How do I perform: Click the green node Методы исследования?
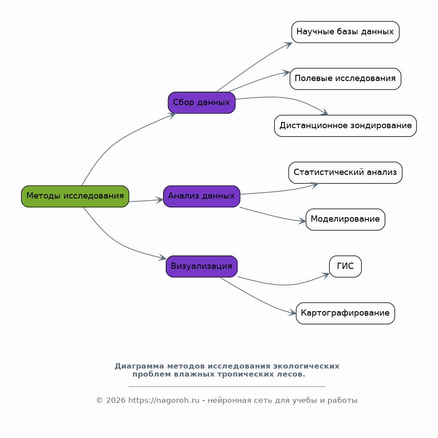click(x=75, y=196)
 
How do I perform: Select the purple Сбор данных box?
click(x=202, y=102)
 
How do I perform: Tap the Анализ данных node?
click(x=202, y=196)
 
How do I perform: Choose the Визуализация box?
click(x=202, y=267)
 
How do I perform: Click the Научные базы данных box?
click(x=345, y=32)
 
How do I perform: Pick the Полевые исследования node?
click(x=345, y=79)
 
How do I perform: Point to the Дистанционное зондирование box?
click(x=345, y=126)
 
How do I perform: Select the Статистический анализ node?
click(x=345, y=173)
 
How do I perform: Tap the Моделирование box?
click(x=345, y=219)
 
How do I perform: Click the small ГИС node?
click(x=345, y=267)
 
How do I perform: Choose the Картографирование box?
click(x=345, y=313)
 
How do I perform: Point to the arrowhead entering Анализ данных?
click(x=160, y=200)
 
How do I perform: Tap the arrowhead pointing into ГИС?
click(x=326, y=276)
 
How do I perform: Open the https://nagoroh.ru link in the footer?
click(x=164, y=401)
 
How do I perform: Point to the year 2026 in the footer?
click(x=115, y=401)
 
